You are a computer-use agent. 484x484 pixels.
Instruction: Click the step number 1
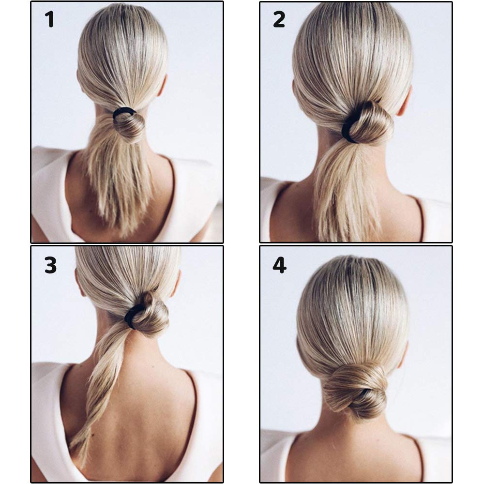click(x=49, y=19)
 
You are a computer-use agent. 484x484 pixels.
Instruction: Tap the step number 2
click(x=279, y=19)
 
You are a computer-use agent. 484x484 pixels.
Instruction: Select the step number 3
click(x=50, y=265)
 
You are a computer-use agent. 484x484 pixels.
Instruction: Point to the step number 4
click(x=279, y=265)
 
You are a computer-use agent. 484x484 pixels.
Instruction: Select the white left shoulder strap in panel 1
click(x=51, y=191)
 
